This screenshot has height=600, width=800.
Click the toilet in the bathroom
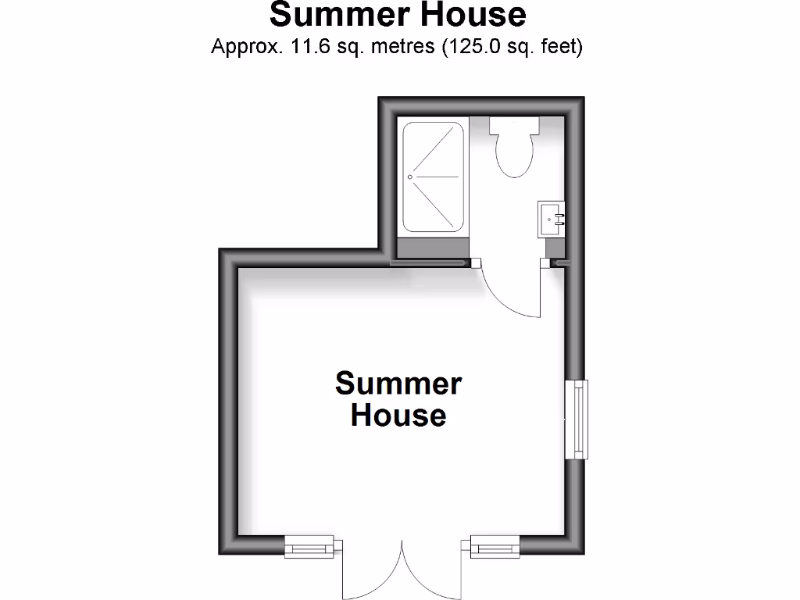[x=514, y=153]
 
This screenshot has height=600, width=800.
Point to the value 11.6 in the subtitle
[x=306, y=47]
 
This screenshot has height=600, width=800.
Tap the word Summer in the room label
[x=398, y=384]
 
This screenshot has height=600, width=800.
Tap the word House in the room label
[x=398, y=414]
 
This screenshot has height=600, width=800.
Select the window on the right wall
[x=578, y=420]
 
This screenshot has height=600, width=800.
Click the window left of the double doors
[x=309, y=546]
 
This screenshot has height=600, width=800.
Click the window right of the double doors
[x=495, y=546]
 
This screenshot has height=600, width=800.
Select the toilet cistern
[x=514, y=126]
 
